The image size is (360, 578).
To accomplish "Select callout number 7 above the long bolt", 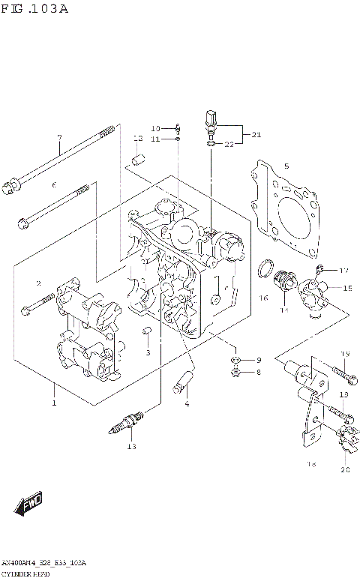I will pyautogui.click(x=59, y=137).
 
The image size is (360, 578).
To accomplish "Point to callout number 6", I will pyautogui.click(x=54, y=184).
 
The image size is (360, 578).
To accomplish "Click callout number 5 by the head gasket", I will pyautogui.click(x=286, y=166).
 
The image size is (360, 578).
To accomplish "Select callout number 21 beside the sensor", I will pyautogui.click(x=256, y=135).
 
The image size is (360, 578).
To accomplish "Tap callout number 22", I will pyautogui.click(x=230, y=144).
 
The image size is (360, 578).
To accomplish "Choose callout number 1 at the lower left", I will pyautogui.click(x=53, y=404).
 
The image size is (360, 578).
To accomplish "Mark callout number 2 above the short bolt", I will pyautogui.click(x=37, y=283).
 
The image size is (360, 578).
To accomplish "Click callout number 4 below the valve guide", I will pyautogui.click(x=187, y=405).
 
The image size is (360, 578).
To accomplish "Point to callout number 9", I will pyautogui.click(x=258, y=361).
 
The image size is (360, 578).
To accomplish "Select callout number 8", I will pyautogui.click(x=258, y=373).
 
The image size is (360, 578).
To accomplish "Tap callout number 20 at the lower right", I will pyautogui.click(x=345, y=470).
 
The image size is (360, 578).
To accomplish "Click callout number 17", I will pyautogui.click(x=343, y=271).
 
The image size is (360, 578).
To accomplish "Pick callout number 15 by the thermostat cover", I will pyautogui.click(x=347, y=288).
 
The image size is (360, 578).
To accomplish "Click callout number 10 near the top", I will pyautogui.click(x=155, y=128).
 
